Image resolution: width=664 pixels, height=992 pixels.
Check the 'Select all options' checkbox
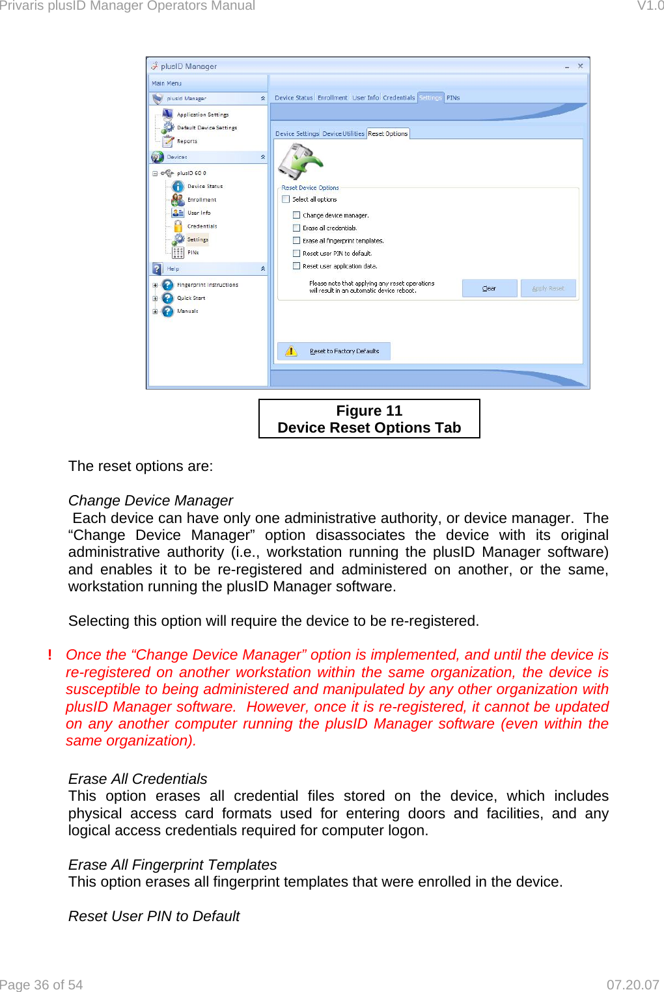click(286, 200)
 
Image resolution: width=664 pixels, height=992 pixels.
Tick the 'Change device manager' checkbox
click(297, 215)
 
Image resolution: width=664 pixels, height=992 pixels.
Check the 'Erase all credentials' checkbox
click(297, 228)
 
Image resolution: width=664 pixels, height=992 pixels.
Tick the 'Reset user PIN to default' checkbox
click(297, 254)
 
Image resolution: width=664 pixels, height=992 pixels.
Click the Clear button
click(489, 288)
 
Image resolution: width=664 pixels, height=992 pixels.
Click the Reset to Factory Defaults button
click(334, 351)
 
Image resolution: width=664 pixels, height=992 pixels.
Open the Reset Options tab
click(388, 134)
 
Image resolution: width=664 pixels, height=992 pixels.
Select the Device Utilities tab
click(343, 134)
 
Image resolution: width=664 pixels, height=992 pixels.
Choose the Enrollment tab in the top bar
click(332, 98)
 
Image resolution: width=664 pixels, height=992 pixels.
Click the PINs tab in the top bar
click(453, 98)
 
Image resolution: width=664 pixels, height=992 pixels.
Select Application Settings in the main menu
click(202, 114)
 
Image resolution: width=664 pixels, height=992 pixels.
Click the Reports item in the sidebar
click(187, 141)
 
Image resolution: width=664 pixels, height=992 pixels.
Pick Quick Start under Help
click(191, 298)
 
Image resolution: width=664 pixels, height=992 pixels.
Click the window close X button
click(580, 66)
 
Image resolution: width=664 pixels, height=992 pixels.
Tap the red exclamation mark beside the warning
click(49, 655)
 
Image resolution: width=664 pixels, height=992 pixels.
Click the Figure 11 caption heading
click(369, 411)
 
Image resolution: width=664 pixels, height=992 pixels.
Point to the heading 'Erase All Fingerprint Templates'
click(173, 865)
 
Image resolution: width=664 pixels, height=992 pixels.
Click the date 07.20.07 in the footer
click(632, 985)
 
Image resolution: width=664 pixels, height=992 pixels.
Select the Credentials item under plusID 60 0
click(202, 226)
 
